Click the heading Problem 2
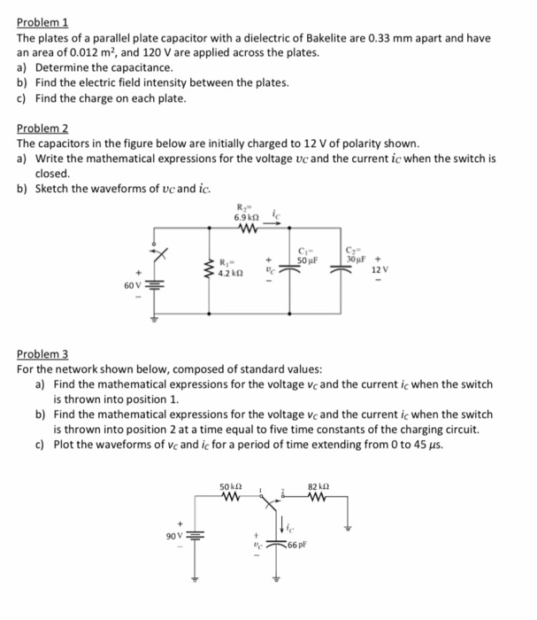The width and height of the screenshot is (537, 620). (x=42, y=129)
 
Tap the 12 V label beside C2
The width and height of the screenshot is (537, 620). (x=378, y=268)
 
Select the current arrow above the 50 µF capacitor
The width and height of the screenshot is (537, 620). (x=275, y=226)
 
